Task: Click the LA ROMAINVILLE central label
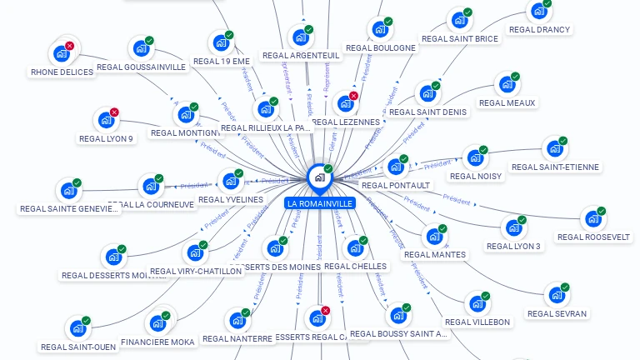click(320, 203)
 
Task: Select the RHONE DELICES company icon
click(61, 53)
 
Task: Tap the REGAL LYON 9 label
click(106, 138)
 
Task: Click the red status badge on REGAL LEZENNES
click(354, 96)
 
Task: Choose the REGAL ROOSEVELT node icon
click(593, 218)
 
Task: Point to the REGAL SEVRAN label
click(557, 313)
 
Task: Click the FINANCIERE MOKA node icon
click(157, 323)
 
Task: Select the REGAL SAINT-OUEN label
click(79, 347)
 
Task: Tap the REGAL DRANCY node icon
click(539, 12)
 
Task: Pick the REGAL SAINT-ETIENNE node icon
click(554, 149)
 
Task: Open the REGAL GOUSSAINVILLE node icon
click(141, 49)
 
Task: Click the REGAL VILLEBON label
click(477, 322)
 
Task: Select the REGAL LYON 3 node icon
click(513, 227)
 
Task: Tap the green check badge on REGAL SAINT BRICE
click(468, 12)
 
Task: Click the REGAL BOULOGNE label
click(380, 47)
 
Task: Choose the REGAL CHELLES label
click(355, 266)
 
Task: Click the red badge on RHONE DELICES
click(69, 46)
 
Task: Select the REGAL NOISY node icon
click(475, 157)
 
